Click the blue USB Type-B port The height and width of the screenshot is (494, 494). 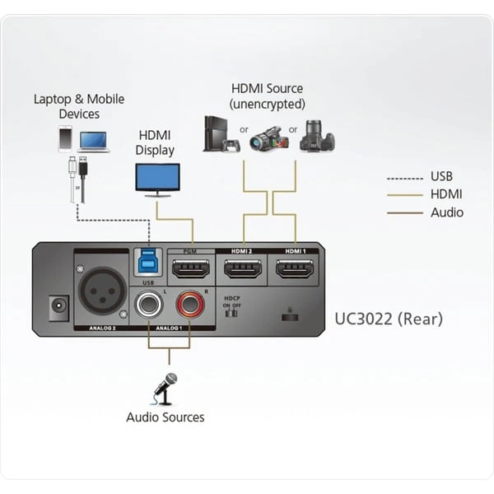pyautogui.click(x=149, y=262)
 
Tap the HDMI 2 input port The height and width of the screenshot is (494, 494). pyautogui.click(x=243, y=268)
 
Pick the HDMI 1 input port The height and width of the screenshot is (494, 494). pyautogui.click(x=294, y=268)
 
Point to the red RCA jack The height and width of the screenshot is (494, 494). pyautogui.click(x=190, y=306)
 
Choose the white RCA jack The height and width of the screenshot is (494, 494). pyautogui.click(x=149, y=306)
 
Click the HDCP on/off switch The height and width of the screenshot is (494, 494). pyautogui.click(x=231, y=311)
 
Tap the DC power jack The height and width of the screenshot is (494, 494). pyautogui.click(x=58, y=309)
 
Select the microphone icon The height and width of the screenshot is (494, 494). pyautogui.click(x=165, y=387)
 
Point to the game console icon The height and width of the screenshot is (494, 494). pyautogui.click(x=220, y=133)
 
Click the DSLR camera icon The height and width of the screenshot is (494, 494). pyautogui.click(x=317, y=136)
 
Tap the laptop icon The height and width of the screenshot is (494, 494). pyautogui.click(x=95, y=141)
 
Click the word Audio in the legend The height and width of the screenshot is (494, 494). pyautogui.click(x=446, y=212)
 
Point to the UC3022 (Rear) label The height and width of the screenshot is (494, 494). pyautogui.click(x=388, y=319)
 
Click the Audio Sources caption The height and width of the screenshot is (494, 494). pyautogui.click(x=165, y=417)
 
